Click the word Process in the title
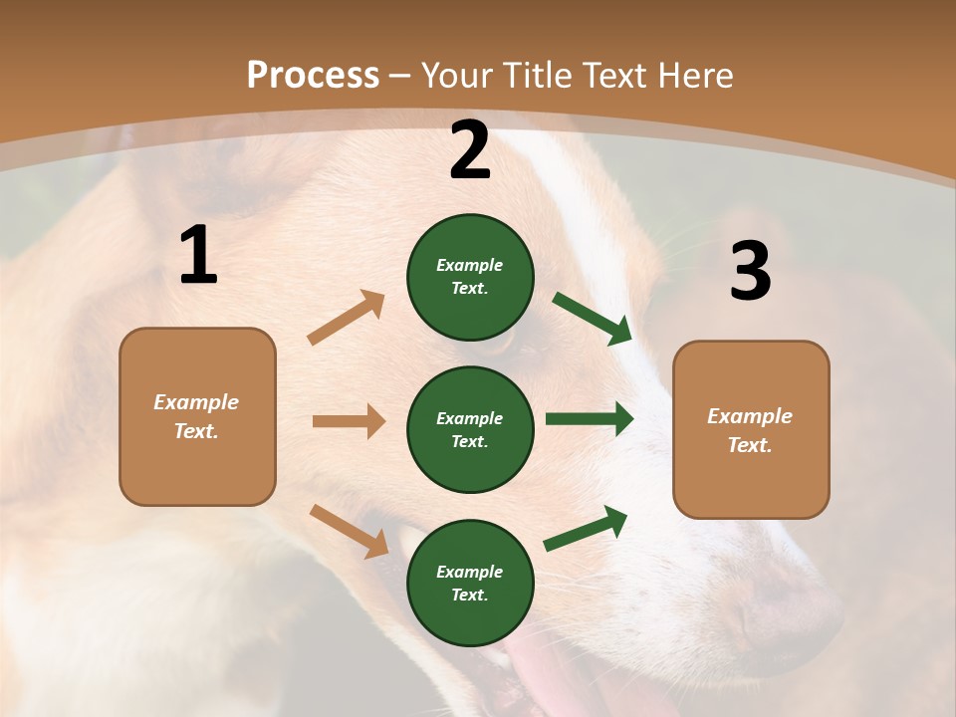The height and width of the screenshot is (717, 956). [x=313, y=76]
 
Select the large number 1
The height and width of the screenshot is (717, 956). [x=198, y=256]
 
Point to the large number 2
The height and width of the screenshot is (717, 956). [x=470, y=151]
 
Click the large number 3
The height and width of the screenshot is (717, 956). [x=750, y=272]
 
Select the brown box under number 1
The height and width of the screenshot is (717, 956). [x=197, y=416]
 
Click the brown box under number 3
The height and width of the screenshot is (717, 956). [x=751, y=429]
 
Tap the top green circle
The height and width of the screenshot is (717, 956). [x=470, y=277]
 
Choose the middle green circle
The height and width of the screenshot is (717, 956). [x=470, y=429]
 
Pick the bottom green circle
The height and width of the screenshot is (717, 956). [x=470, y=583]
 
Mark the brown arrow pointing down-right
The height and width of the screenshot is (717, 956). [x=349, y=531]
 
